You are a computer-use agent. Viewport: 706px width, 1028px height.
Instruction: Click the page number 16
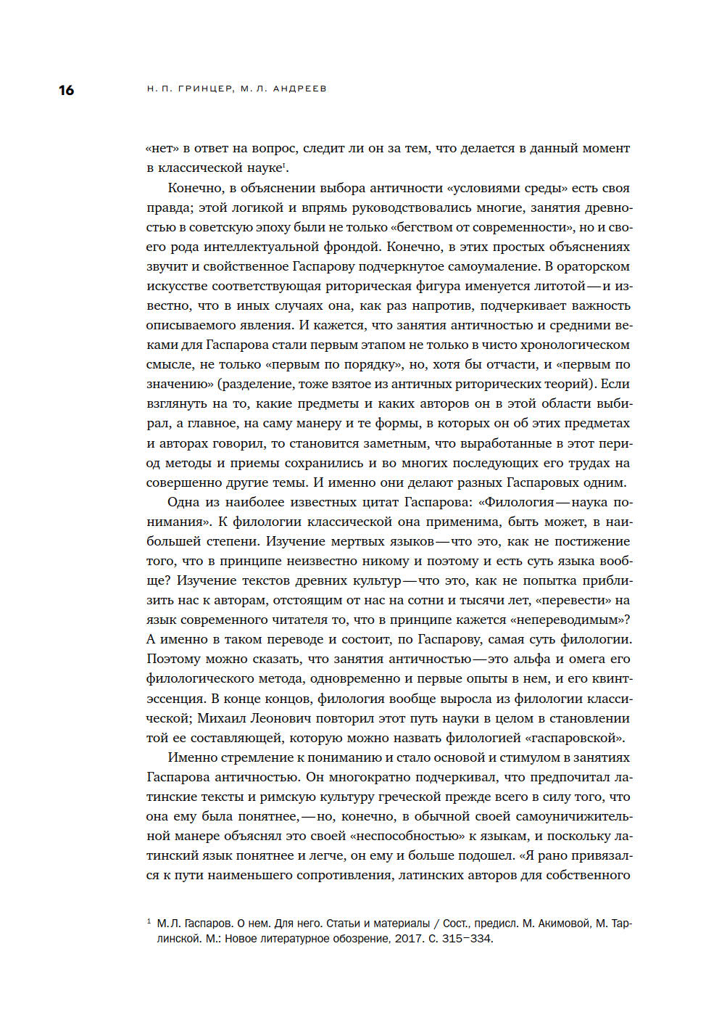click(x=66, y=90)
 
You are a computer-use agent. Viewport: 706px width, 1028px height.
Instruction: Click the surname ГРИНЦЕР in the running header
click(x=206, y=89)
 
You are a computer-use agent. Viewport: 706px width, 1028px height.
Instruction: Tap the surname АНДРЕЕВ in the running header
click(x=299, y=89)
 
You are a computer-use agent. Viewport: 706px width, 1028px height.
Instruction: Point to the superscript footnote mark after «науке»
click(x=284, y=165)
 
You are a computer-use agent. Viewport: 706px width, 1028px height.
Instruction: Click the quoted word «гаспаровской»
click(x=573, y=738)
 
